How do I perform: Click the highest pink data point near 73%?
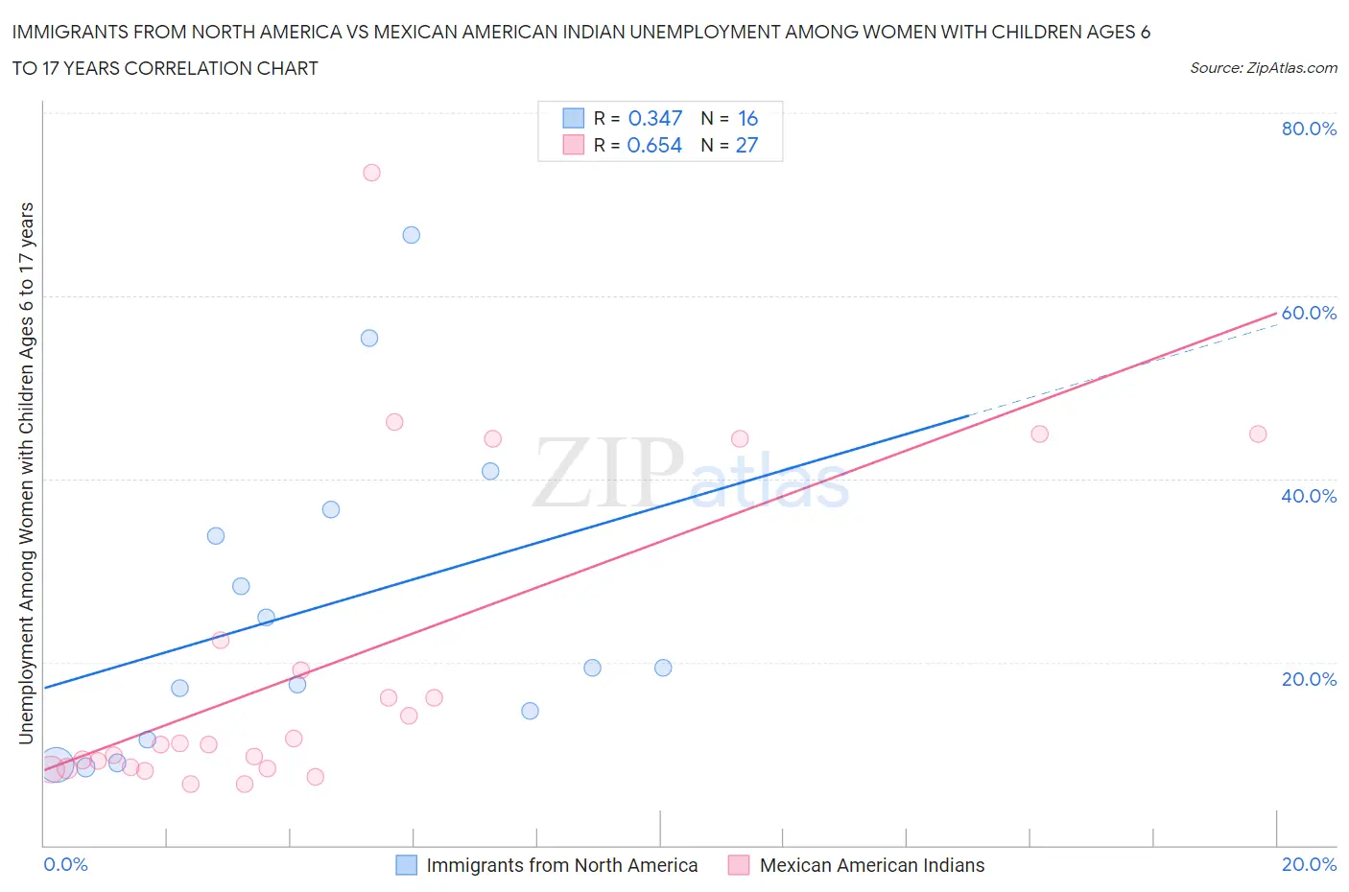point(371,173)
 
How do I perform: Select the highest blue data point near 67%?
point(411,235)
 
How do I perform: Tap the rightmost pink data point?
point(1258,434)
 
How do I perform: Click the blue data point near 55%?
point(369,338)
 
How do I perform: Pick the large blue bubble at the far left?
point(56,765)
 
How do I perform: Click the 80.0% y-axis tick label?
point(1308,129)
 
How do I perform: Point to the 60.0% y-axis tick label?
point(1308,313)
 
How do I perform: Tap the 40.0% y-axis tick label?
point(1308,496)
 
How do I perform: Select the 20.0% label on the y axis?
point(1308,679)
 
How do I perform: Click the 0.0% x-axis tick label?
point(65,864)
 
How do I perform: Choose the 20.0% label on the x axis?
point(1308,864)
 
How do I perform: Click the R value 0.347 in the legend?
point(654,118)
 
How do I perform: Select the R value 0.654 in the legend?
point(654,145)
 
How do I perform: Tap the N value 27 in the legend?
point(746,145)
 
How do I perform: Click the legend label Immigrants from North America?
point(561,865)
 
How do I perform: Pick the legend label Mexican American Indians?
point(871,865)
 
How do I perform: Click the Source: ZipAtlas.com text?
point(1263,67)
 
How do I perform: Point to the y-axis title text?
point(26,473)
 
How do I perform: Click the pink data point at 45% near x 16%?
point(1039,434)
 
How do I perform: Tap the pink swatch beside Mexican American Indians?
point(738,865)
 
